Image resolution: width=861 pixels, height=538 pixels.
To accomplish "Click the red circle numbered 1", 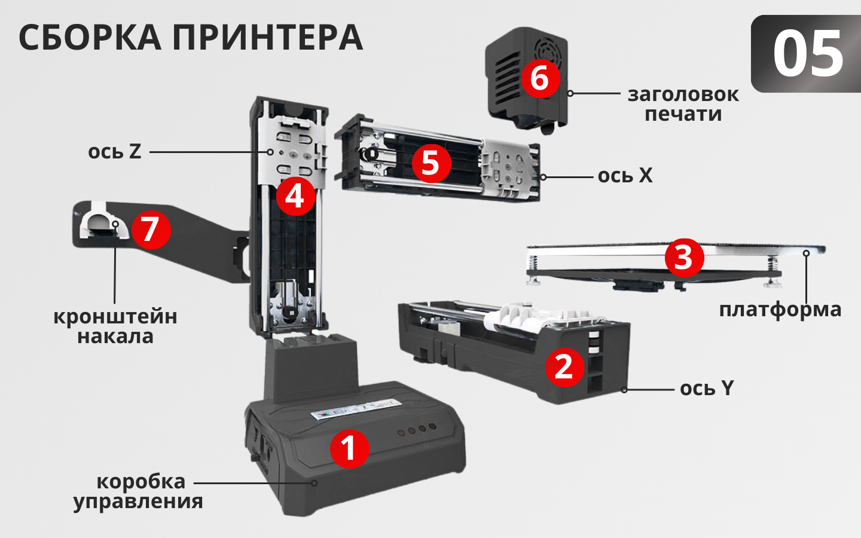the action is pos(349,448).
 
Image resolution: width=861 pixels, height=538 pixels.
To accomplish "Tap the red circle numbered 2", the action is pos(564,366).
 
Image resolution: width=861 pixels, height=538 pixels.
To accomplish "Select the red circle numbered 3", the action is pos(684,258).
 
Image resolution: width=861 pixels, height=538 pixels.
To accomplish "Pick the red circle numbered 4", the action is pos(295,196).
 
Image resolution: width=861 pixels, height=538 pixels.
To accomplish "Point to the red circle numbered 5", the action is pos(430,163).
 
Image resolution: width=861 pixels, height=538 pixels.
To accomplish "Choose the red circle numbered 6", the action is pos(539,78).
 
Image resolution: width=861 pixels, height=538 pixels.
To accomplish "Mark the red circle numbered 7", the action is pos(151,230).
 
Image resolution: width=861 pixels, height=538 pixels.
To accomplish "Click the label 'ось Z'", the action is pos(114,152).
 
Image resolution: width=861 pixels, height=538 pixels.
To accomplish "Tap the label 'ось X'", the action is pos(625,176).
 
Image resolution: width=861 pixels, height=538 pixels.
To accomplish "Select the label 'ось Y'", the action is pos(706,389).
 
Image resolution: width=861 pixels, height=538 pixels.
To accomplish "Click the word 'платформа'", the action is pos(780,310).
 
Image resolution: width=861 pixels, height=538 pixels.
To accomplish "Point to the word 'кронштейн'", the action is pos(115,316).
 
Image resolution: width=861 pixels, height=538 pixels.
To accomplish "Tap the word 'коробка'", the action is pos(141,481).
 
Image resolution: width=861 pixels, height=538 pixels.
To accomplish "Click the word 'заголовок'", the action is pos(683,94).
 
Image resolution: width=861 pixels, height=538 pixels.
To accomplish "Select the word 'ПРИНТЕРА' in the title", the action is pos(267,38).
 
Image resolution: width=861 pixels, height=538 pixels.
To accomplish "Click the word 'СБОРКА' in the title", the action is pos(90,38).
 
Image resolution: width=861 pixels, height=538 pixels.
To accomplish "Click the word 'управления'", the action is pos(138,502).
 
